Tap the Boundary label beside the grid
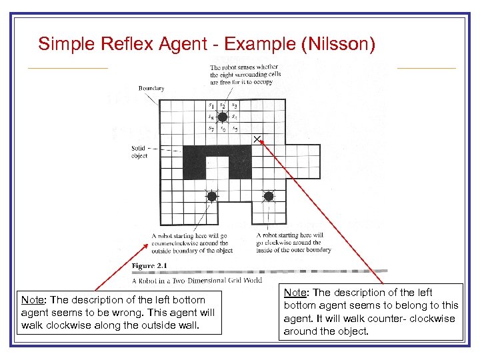coord(151,88)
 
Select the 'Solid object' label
coord(139,151)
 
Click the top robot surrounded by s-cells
coord(223,117)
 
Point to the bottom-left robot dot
coord(211,196)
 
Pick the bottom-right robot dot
coord(269,196)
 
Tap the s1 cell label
coord(211,105)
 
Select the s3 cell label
coord(235,105)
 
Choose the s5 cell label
coord(235,129)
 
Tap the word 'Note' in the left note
coord(33,300)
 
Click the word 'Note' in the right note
coord(295,293)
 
